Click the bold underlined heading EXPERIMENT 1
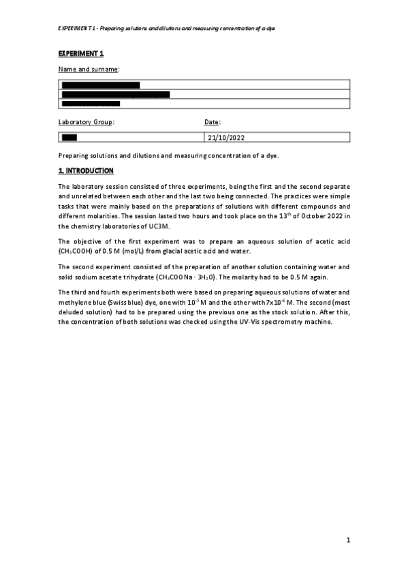pyautogui.click(x=80, y=53)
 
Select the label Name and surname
pyautogui.click(x=89, y=69)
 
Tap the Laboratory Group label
pyautogui.click(x=87, y=122)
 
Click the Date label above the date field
pyautogui.click(x=212, y=122)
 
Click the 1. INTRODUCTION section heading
pyautogui.click(x=86, y=170)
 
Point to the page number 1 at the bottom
pyautogui.click(x=347, y=541)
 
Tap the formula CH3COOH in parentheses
pyautogui.click(x=75, y=251)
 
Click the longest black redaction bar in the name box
pyautogui.click(x=116, y=95)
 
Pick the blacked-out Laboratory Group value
pyautogui.click(x=69, y=138)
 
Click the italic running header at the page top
pyautogui.click(x=167, y=29)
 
